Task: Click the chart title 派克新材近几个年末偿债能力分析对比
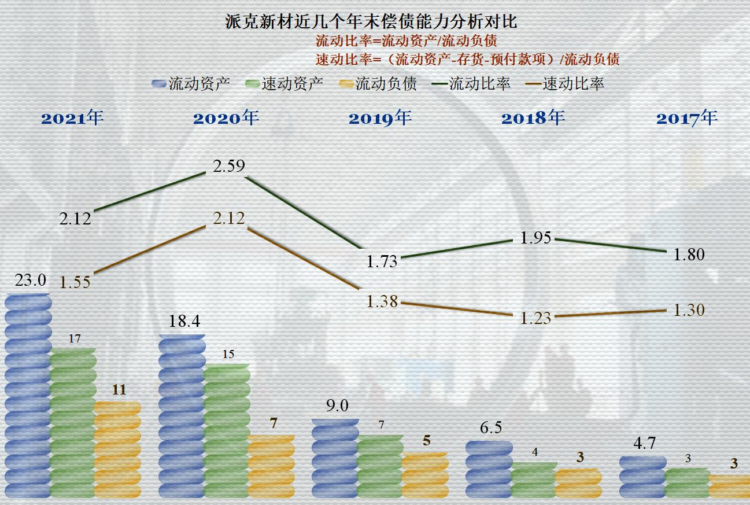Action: tap(371, 22)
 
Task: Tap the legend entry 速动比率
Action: tap(566, 84)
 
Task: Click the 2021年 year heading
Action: tap(72, 118)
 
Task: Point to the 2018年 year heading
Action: tap(533, 118)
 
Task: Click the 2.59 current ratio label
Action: tap(229, 166)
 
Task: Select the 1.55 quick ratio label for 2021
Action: tap(75, 282)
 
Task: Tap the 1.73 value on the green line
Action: tap(382, 261)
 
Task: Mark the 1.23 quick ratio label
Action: tap(535, 318)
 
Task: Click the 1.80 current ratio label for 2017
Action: tap(689, 254)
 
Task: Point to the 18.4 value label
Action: tap(184, 322)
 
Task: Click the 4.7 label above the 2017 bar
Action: tap(644, 443)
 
